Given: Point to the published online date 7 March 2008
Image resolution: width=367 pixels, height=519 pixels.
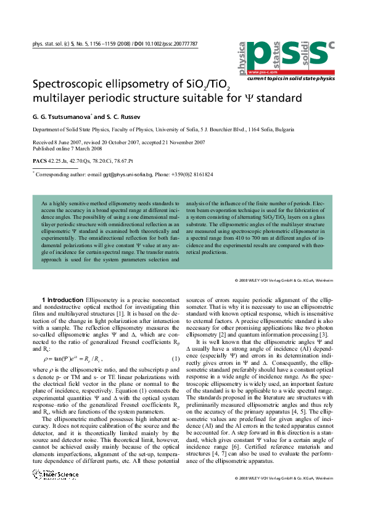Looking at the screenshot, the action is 88,148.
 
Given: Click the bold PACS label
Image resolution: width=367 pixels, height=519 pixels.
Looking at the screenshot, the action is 39,161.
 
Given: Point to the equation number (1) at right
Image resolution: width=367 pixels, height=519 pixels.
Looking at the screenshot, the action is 175,359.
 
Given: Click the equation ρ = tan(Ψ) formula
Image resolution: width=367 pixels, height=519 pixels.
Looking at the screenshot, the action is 68,359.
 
